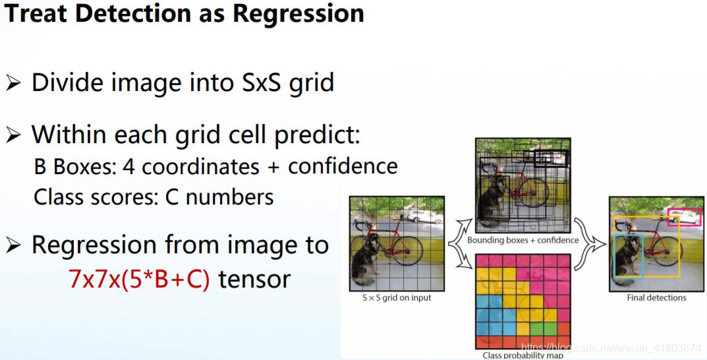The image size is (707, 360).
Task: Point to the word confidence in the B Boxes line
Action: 343,166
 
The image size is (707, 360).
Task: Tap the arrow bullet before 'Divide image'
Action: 14,83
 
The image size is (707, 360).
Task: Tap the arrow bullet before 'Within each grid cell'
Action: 14,135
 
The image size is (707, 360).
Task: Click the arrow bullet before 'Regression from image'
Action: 14,245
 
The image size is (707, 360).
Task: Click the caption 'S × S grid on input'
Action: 397,298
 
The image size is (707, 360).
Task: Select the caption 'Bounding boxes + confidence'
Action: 523,240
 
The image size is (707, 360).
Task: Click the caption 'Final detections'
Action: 656,298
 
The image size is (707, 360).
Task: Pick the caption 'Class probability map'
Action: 523,355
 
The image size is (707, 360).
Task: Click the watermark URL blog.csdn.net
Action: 611,348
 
